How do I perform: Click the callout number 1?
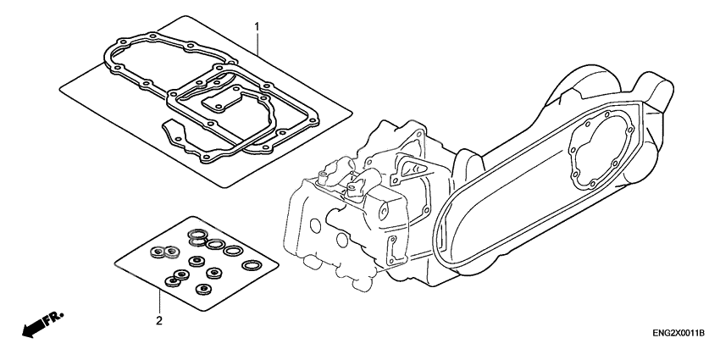tap(258, 27)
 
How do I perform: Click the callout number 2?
tap(159, 320)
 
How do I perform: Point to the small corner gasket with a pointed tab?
tap(174, 133)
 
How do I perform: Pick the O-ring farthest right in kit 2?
tap(251, 265)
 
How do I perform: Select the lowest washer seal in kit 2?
tap(202, 289)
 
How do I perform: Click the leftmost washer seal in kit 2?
tap(156, 251)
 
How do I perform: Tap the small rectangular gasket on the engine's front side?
tap(392, 251)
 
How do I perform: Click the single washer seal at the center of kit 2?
tap(197, 260)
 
